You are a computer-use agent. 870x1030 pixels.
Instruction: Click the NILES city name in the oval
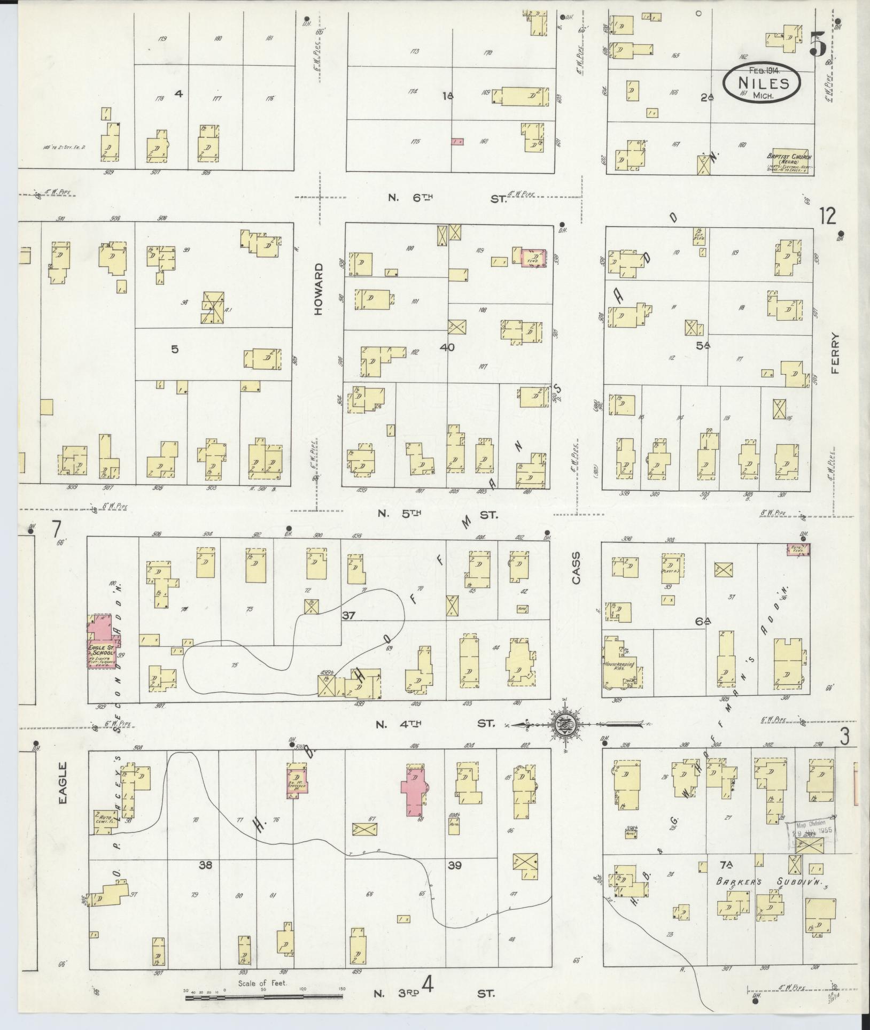click(x=763, y=83)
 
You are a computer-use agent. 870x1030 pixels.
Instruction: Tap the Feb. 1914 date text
click(x=764, y=70)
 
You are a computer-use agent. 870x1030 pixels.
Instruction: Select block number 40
click(x=447, y=347)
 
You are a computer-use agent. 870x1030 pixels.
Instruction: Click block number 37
click(x=349, y=616)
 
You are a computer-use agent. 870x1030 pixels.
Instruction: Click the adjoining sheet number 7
click(x=56, y=529)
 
